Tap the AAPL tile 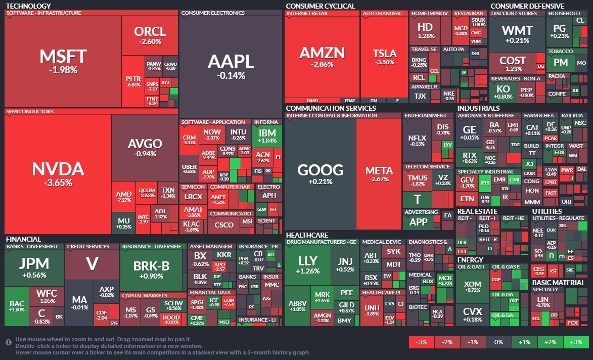[231, 66]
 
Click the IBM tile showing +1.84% [267, 136]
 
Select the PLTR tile [133, 81]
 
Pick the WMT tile [517, 34]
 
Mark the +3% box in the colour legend [576, 342]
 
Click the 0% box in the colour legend [498, 342]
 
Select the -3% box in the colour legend [422, 342]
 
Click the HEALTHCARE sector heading [307, 235]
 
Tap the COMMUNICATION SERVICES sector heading [331, 108]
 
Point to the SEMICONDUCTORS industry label [29, 112]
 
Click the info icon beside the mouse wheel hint [9, 342]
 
